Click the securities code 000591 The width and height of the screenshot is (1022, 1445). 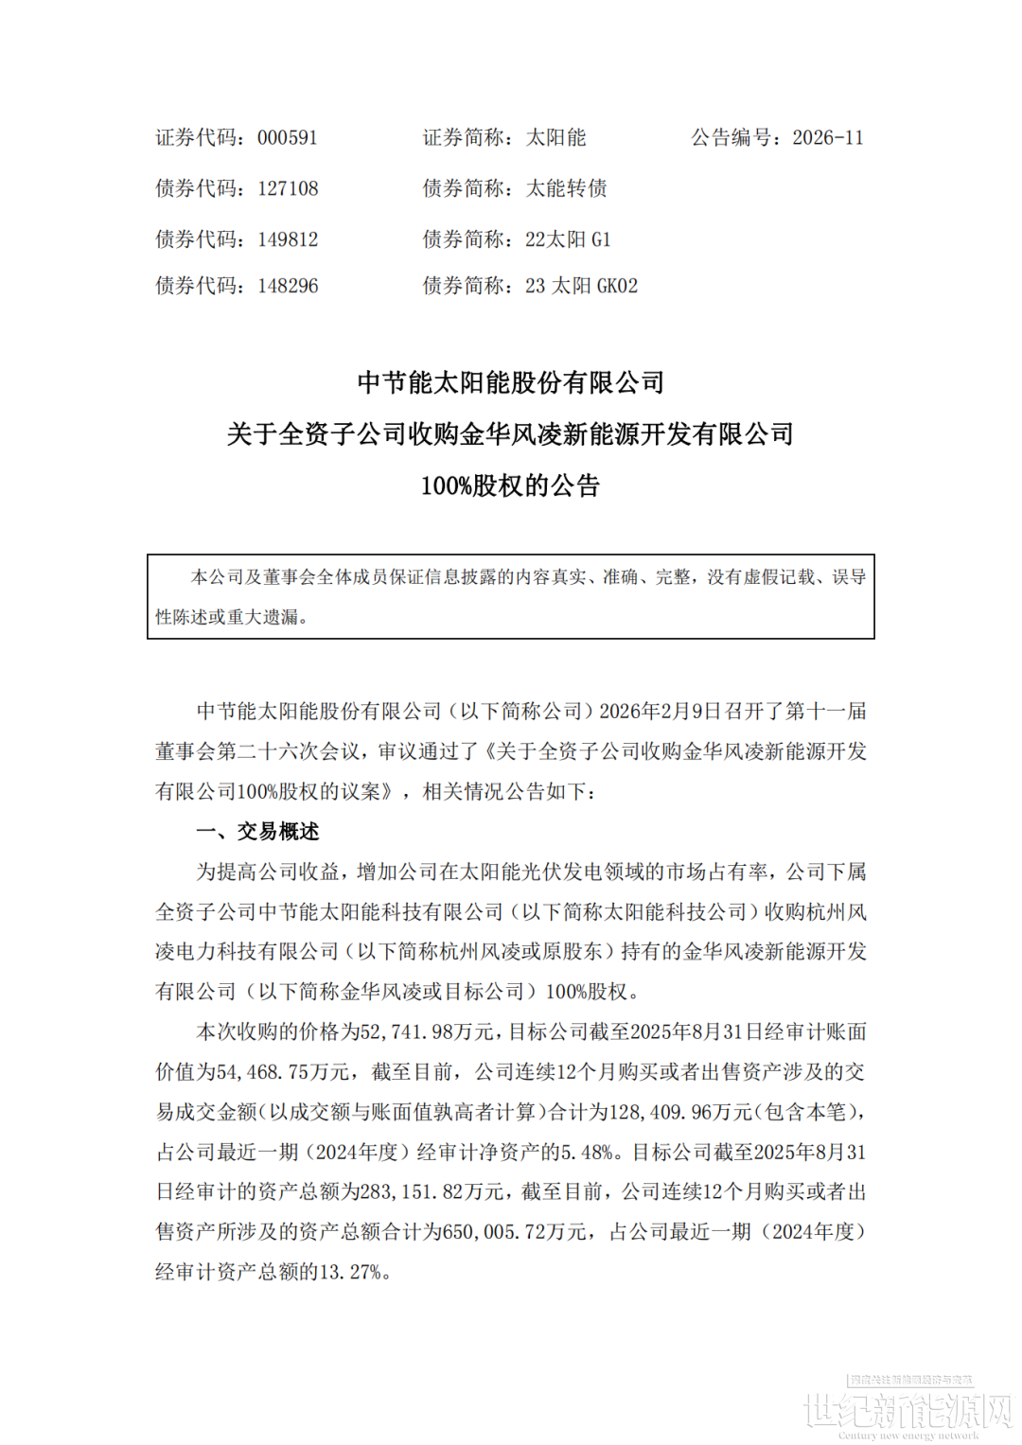[x=288, y=138]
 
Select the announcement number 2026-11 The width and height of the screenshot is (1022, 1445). [x=828, y=138]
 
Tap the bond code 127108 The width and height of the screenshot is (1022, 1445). [x=288, y=189]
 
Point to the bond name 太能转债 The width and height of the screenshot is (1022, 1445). [x=567, y=189]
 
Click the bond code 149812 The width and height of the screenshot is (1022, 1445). [x=288, y=239]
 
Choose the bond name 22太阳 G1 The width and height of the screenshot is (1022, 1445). [x=568, y=239]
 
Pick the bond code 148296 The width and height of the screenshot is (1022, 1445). [x=288, y=286]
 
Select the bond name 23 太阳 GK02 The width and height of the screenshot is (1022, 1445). [x=581, y=286]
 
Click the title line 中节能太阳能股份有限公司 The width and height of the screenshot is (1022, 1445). [x=511, y=382]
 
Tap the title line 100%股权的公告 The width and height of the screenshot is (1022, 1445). [x=511, y=486]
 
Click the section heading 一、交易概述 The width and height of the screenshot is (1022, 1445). [x=257, y=832]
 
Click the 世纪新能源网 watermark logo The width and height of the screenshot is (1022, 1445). [x=908, y=1410]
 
